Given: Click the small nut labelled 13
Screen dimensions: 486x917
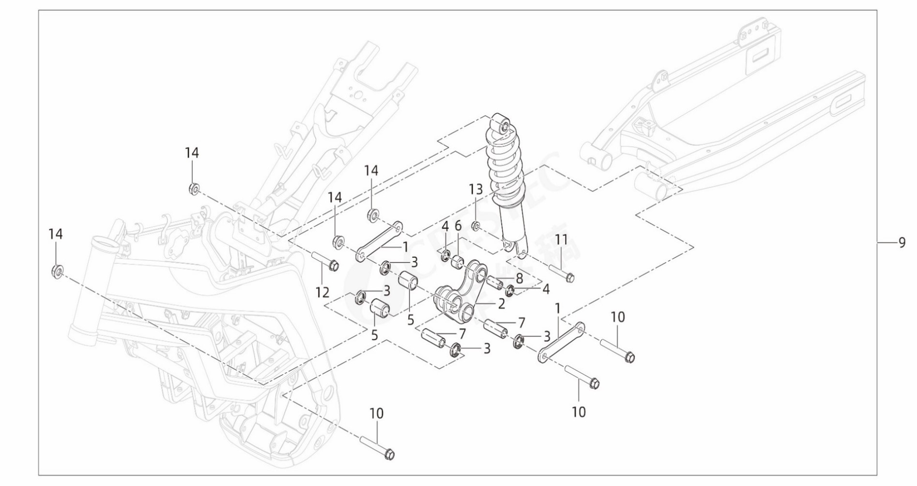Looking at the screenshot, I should point(476,226).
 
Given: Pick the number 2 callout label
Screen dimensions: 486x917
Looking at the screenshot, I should point(501,303).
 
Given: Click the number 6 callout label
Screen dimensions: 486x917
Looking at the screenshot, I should point(458,226).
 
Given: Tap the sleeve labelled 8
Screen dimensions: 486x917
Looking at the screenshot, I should point(495,282).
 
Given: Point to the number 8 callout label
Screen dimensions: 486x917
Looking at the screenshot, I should point(519,278).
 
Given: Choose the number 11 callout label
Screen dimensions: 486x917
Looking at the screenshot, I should point(561,239).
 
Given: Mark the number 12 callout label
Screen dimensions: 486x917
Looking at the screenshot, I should point(322,292).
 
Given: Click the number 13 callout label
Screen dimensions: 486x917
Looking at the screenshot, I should point(476,189).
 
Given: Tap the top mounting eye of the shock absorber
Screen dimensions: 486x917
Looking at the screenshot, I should point(502,125).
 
